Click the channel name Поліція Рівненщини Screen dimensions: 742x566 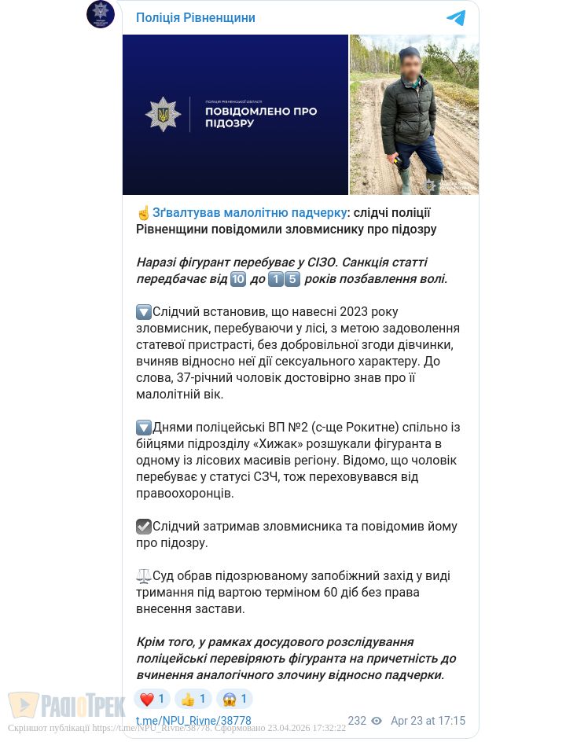point(195,17)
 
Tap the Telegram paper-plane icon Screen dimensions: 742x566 point(456,18)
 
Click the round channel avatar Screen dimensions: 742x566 point(101,14)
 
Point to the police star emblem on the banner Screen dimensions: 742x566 point(163,115)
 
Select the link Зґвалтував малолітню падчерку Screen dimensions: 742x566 point(249,212)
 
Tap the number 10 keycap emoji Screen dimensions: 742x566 point(238,279)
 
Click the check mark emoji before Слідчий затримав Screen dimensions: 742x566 point(144,527)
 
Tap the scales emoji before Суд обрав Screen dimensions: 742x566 point(144,576)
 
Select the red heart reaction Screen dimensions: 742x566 point(146,699)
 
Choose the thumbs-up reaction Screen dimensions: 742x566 point(188,699)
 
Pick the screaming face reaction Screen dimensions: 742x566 point(230,699)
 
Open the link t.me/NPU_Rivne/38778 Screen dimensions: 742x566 point(193,721)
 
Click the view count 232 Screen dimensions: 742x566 point(357,721)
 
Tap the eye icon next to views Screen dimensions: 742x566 point(377,721)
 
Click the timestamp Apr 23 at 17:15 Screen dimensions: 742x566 point(428,721)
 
